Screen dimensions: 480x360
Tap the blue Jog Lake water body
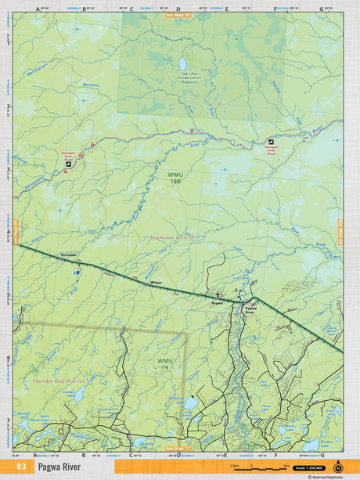click(183, 63)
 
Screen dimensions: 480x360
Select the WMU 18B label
click(174, 178)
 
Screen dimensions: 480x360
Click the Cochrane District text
click(172, 236)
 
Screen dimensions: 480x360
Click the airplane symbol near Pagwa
click(217, 294)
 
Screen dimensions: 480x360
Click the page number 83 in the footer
click(20, 467)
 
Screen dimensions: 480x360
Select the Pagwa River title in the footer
click(59, 467)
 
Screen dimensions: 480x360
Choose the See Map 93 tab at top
click(178, 14)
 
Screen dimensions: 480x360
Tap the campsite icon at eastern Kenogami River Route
click(272, 142)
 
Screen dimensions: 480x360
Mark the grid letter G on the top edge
click(321, 8)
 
